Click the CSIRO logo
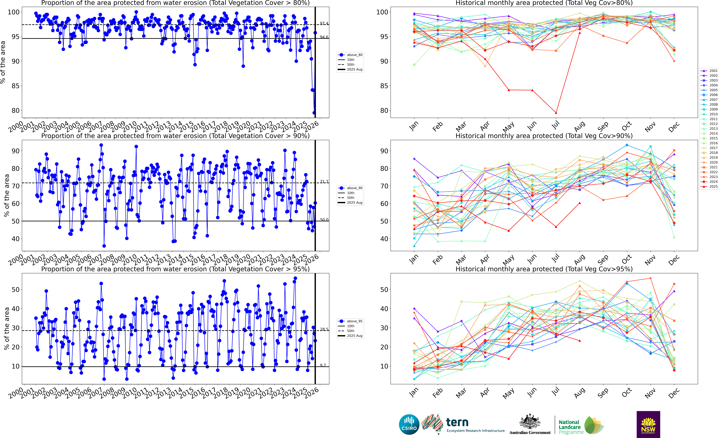pyautogui.click(x=409, y=424)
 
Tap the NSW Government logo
pyautogui.click(x=648, y=424)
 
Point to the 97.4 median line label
pyautogui.click(x=324, y=23)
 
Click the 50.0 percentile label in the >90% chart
pyautogui.click(x=324, y=220)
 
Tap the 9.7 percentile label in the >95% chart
pyautogui.click(x=323, y=365)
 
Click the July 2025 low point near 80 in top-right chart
pyautogui.click(x=556, y=113)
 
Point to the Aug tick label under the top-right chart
pyautogui.click(x=579, y=126)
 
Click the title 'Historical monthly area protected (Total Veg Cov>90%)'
pyautogui.click(x=544, y=136)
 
